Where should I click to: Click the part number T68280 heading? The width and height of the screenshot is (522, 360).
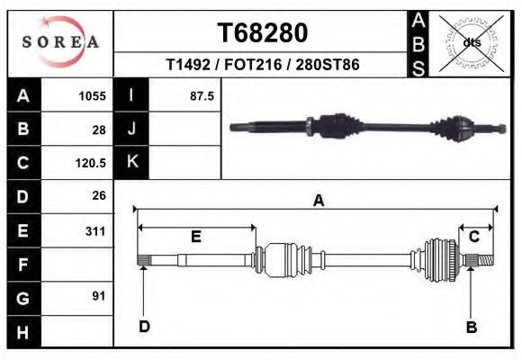[x=262, y=32]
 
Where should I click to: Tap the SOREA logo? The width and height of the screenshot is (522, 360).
[x=59, y=41]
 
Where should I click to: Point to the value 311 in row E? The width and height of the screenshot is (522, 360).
[x=94, y=231]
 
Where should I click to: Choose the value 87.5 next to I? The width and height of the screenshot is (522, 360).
[x=201, y=96]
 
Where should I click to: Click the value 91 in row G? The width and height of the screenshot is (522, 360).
[x=98, y=296]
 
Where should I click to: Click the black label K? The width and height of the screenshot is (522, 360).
[x=131, y=163]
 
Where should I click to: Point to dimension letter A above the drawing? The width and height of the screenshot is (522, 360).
[x=318, y=202]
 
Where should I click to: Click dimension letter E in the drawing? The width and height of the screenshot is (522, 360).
[x=195, y=237]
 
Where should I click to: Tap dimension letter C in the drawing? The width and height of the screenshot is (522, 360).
[x=473, y=237]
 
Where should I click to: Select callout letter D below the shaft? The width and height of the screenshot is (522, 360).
[x=144, y=327]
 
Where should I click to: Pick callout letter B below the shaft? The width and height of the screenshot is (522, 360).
[x=471, y=327]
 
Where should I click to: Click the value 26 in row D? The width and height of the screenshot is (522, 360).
[x=98, y=195]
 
